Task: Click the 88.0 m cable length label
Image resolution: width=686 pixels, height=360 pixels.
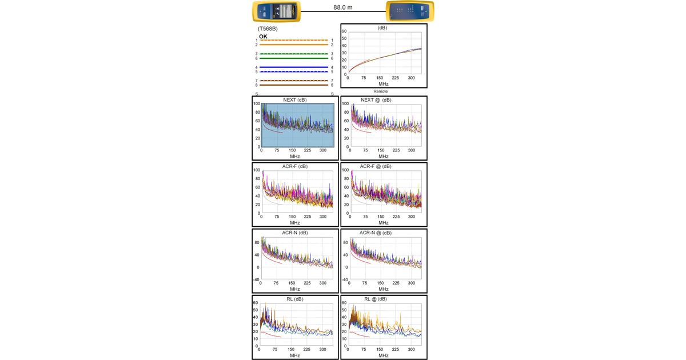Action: (343, 7)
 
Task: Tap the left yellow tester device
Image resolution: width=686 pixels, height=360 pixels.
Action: (277, 11)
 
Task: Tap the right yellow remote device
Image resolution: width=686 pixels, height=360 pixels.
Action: (410, 11)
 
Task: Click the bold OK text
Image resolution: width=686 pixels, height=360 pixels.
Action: (263, 37)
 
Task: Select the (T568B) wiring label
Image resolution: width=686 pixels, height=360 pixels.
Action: (268, 28)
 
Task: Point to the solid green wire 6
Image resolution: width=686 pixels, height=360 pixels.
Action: (294, 58)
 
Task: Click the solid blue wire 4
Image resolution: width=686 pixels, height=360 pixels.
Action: (294, 67)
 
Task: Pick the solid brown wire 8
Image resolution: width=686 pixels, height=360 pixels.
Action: (294, 85)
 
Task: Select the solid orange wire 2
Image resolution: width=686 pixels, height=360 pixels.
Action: (294, 45)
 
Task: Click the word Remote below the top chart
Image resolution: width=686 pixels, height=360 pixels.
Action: (381, 91)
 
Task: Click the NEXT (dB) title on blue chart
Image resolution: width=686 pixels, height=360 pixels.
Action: (295, 100)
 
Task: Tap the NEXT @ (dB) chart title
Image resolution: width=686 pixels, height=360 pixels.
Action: (376, 100)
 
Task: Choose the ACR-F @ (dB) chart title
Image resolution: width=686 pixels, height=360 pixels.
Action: (375, 166)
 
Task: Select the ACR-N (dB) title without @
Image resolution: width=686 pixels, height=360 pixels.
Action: (295, 233)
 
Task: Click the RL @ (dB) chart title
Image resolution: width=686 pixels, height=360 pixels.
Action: (376, 299)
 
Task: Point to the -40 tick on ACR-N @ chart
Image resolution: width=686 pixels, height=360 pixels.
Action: (345, 279)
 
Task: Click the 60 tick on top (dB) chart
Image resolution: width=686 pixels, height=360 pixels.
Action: (344, 31)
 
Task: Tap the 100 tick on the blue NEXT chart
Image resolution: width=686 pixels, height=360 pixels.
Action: (257, 104)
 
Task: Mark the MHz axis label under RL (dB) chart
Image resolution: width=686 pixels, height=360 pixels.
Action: (295, 355)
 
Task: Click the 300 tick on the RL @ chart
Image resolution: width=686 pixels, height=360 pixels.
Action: (412, 349)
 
